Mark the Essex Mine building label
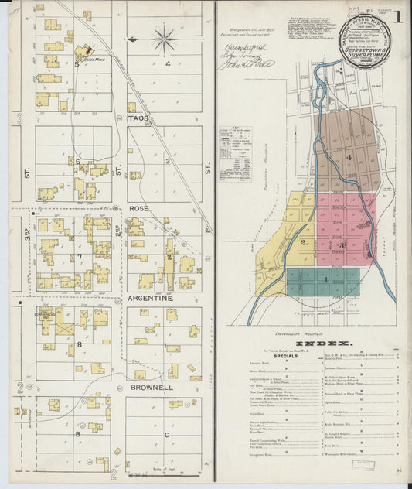click(94, 59)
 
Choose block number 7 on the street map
click(79, 255)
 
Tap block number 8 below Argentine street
click(79, 343)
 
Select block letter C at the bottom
click(168, 435)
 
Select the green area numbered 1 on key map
click(326, 279)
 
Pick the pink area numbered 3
click(341, 244)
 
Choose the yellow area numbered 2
click(304, 241)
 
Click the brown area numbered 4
click(349, 158)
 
